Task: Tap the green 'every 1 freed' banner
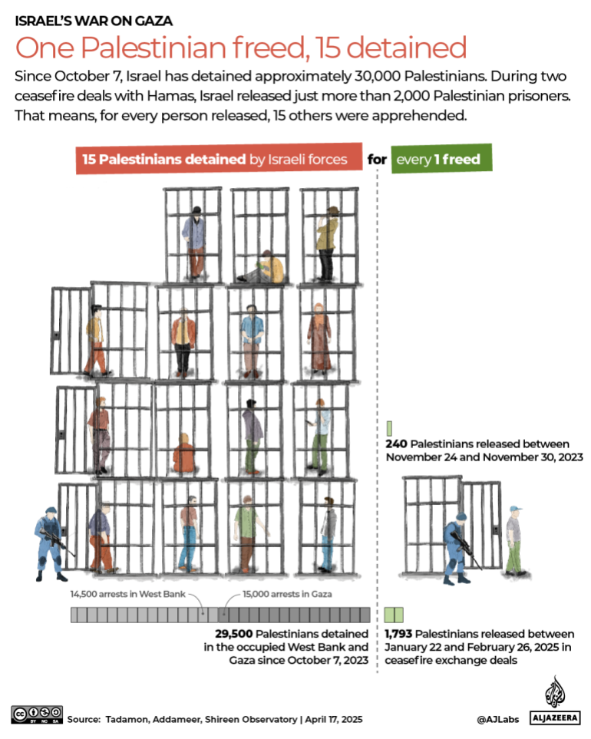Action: (x=441, y=160)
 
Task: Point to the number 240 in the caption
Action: (x=396, y=444)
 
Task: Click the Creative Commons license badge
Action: (x=36, y=714)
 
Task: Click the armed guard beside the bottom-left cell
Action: (x=49, y=537)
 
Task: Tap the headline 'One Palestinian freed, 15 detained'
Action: (x=241, y=48)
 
